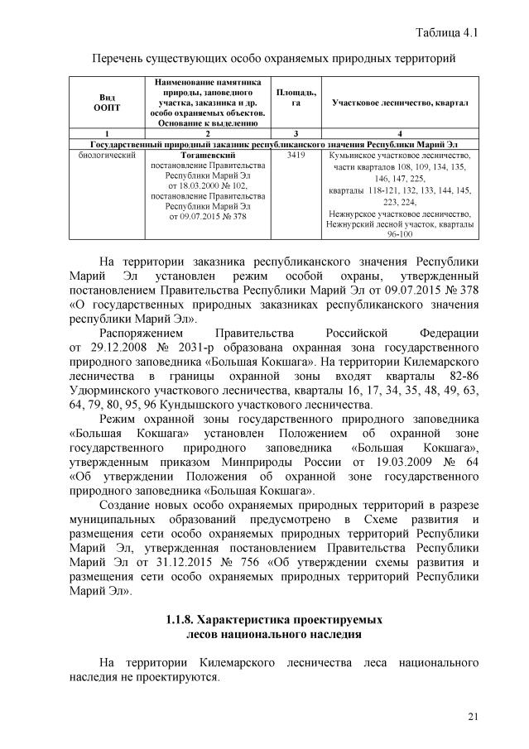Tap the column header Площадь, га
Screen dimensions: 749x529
point(296,98)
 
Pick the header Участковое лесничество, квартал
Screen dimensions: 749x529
point(400,103)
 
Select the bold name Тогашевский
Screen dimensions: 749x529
point(208,156)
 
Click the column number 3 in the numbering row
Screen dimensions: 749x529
point(296,133)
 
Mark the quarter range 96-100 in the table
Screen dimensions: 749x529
point(400,234)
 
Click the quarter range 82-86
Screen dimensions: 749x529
point(464,377)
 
